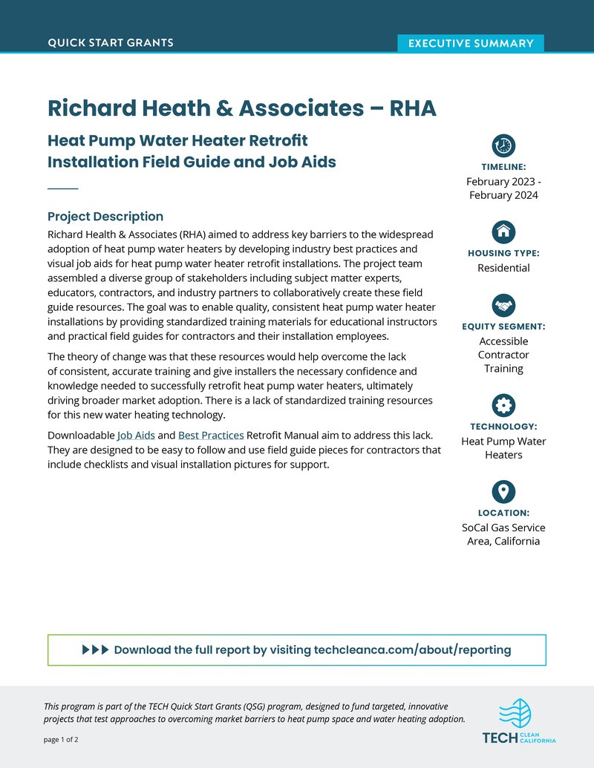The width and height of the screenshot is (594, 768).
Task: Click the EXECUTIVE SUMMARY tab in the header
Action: tap(471, 43)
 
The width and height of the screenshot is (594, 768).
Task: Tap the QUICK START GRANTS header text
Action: tap(111, 43)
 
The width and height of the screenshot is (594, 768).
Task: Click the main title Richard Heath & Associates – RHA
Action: tap(242, 108)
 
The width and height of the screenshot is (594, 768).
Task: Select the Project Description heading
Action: tap(105, 217)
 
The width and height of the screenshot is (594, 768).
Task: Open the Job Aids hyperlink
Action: tap(136, 435)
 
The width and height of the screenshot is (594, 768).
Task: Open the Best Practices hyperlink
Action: tap(211, 435)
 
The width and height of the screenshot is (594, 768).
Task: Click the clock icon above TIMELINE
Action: tap(503, 145)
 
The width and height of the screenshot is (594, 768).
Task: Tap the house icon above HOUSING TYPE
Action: tap(503, 231)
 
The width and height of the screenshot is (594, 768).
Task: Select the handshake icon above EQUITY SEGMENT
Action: tap(503, 304)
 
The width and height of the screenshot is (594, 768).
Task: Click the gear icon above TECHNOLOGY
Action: tap(503, 404)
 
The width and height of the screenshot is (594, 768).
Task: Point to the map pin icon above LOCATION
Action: tap(503, 490)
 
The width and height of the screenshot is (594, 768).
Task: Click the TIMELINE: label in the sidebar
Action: tap(503, 167)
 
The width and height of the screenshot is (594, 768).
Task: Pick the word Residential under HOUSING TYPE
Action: tap(503, 268)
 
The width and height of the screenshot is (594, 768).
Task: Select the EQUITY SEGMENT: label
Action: tap(503, 326)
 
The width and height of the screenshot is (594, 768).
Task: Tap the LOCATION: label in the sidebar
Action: tap(503, 513)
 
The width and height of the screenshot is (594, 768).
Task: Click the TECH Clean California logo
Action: tap(518, 722)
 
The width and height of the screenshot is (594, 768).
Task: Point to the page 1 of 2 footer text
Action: tap(61, 740)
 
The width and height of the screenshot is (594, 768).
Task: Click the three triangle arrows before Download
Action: tap(95, 650)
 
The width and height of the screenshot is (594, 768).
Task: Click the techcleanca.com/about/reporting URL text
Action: tap(412, 650)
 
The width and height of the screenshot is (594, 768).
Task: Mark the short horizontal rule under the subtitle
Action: tap(62, 189)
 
